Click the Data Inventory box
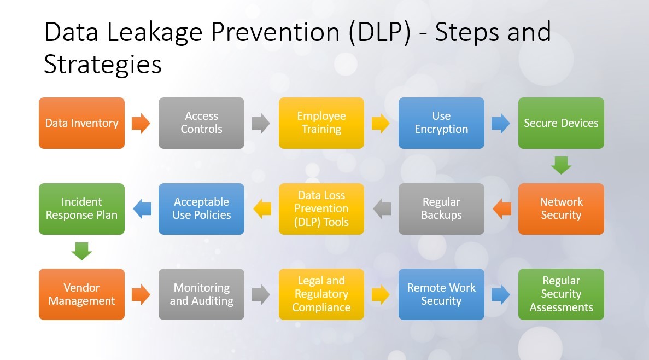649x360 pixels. [x=81, y=123]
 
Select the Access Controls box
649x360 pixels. [x=201, y=123]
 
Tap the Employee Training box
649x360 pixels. [x=321, y=123]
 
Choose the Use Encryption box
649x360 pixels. [x=441, y=123]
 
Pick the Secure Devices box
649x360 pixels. [x=561, y=123]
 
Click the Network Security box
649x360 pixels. [x=561, y=208]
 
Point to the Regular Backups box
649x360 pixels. [x=441, y=208]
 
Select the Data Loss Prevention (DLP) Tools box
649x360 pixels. [x=321, y=208]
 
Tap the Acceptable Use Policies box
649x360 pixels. [x=201, y=208]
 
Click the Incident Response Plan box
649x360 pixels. [x=81, y=208]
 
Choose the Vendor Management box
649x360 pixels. [x=81, y=294]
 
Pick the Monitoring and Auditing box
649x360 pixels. [x=201, y=294]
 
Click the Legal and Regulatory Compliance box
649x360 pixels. [x=321, y=294]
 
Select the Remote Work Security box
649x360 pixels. [x=441, y=294]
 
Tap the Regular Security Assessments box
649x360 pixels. [x=561, y=294]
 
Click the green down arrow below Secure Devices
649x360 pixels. [x=561, y=165]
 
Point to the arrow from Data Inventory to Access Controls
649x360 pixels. [x=141, y=123]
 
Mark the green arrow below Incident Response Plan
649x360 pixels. [x=81, y=251]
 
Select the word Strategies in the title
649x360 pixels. [x=103, y=65]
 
